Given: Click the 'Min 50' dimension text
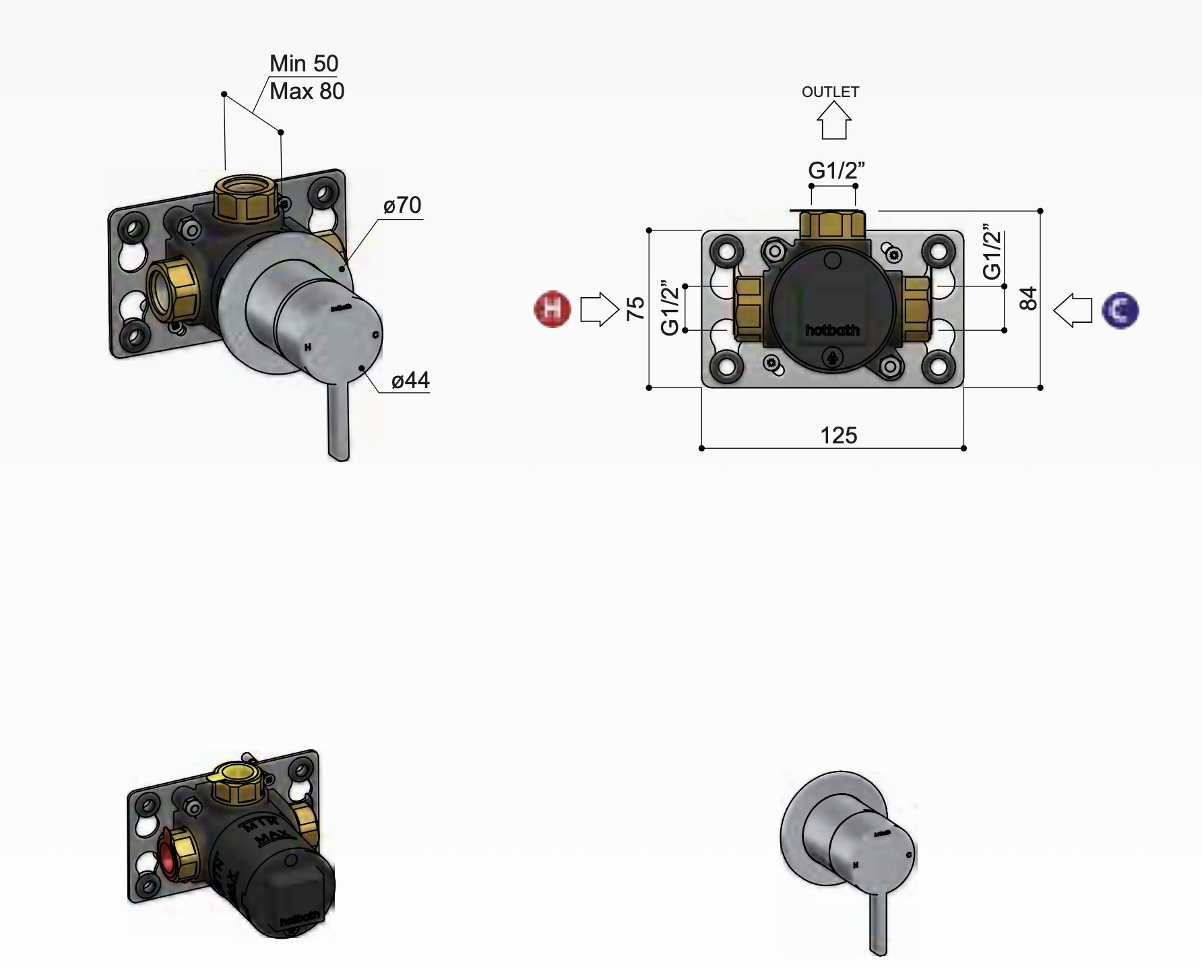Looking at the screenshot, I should [x=303, y=63].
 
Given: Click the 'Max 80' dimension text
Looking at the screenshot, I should [x=307, y=91].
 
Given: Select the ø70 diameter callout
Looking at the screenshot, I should [x=402, y=205].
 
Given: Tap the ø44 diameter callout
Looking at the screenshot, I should [x=410, y=381].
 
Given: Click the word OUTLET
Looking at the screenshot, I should [x=830, y=92].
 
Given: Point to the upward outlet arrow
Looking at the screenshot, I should [x=833, y=121].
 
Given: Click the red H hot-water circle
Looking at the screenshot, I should [x=552, y=309].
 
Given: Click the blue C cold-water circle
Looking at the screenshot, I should [x=1120, y=310].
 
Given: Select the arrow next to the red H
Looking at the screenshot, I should [x=599, y=309].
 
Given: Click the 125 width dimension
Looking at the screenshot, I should [x=838, y=435].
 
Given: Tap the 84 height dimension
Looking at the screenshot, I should [x=1028, y=299].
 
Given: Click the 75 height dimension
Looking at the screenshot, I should [x=635, y=308].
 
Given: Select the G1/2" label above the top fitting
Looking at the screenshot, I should [x=835, y=170].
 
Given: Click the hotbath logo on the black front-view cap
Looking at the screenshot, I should [x=832, y=330].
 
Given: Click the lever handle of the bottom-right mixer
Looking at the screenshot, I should [x=878, y=923].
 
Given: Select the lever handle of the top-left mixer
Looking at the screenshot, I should [x=338, y=421].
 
